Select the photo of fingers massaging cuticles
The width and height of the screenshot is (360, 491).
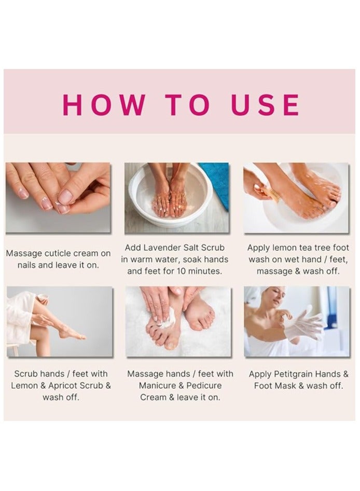[x=58, y=198]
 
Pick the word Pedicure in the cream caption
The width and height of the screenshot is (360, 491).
[x=204, y=386]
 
